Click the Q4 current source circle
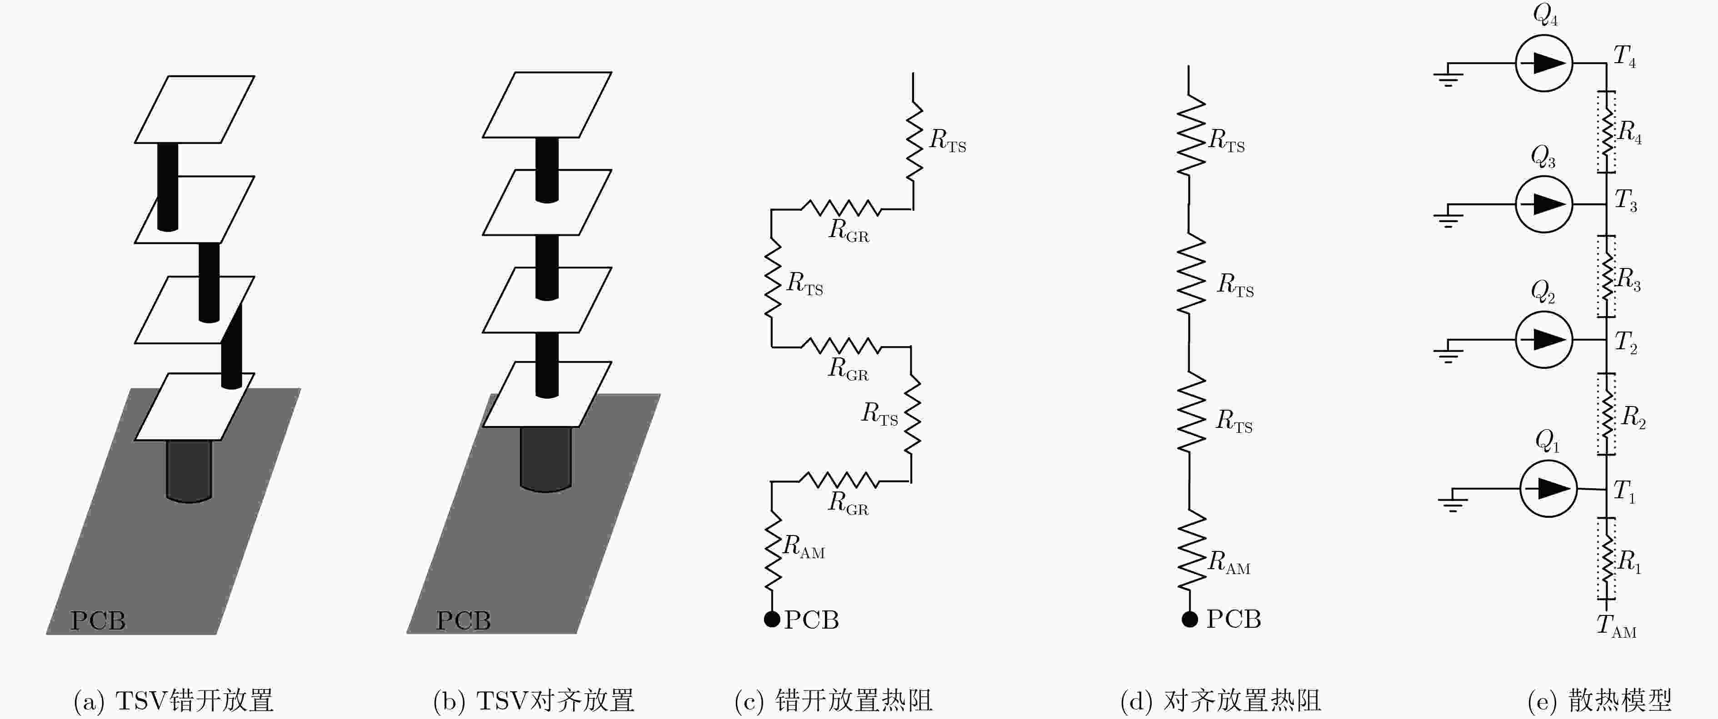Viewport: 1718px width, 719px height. [1544, 63]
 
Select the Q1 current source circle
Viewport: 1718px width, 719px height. [1548, 488]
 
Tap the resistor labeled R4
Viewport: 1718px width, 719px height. [1607, 132]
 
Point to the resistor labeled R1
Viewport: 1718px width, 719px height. [1607, 559]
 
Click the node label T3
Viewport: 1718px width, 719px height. [1625, 200]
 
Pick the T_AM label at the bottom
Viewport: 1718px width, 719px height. [1616, 626]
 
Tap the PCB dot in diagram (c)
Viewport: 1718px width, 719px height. [772, 619]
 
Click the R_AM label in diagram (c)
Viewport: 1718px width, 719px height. [804, 546]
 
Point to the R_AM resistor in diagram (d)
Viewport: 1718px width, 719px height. [1191, 550]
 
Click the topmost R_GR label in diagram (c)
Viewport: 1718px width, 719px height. [849, 231]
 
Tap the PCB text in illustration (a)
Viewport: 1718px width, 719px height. [98, 620]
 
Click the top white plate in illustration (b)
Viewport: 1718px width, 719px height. [547, 104]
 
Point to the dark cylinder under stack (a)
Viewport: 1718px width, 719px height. [189, 471]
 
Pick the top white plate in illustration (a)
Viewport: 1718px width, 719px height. [195, 109]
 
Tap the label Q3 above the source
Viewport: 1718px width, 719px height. [1543, 157]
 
